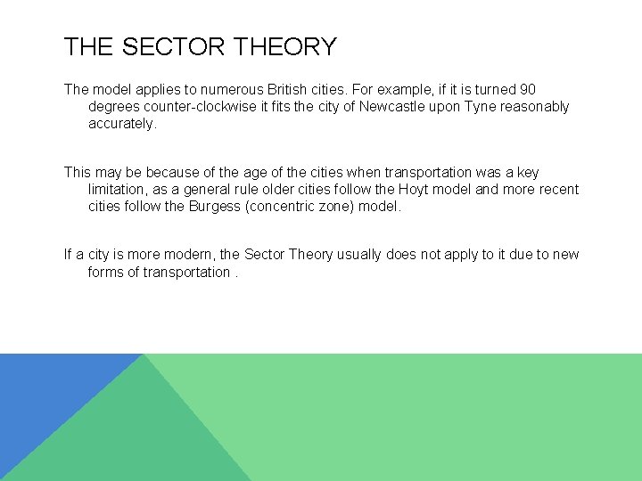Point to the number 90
527,90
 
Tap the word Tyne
478,107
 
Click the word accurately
121,124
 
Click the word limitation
119,190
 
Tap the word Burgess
212,207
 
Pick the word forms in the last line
106,272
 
